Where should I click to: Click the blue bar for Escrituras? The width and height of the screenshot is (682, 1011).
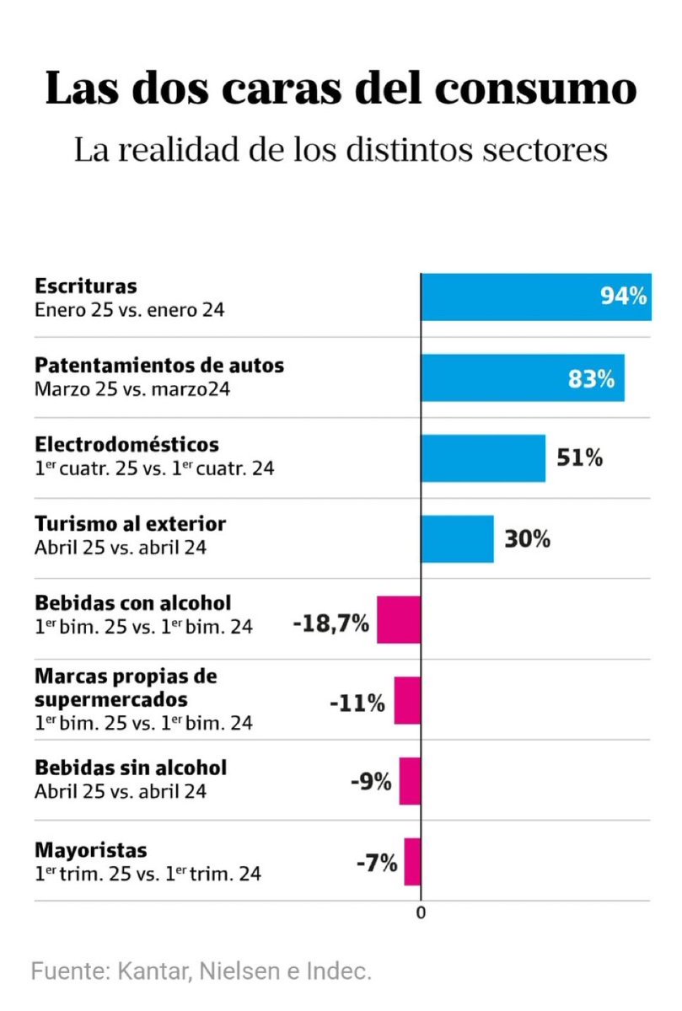pyautogui.click(x=506, y=297)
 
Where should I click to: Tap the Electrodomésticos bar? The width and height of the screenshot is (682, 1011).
pyautogui.click(x=483, y=457)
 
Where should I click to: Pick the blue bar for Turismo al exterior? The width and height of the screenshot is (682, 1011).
pyautogui.click(x=457, y=538)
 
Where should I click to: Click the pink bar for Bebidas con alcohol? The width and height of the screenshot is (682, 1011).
pyautogui.click(x=399, y=619)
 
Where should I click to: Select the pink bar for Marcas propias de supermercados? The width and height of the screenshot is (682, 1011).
pyautogui.click(x=407, y=700)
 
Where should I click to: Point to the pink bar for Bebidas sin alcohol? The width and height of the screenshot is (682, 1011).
pyautogui.click(x=410, y=781)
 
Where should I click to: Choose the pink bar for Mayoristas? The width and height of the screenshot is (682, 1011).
pyautogui.click(x=412, y=861)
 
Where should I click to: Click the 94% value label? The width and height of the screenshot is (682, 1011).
pyautogui.click(x=623, y=297)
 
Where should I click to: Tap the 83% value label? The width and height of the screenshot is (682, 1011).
pyautogui.click(x=591, y=379)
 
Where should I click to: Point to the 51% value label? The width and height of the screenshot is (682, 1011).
pyautogui.click(x=579, y=458)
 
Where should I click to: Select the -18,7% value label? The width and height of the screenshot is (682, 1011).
pyautogui.click(x=330, y=624)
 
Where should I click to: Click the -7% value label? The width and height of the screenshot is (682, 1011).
pyautogui.click(x=375, y=863)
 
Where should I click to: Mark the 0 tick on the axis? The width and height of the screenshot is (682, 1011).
pyautogui.click(x=421, y=913)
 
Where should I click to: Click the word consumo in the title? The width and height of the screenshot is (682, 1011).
pyautogui.click(x=537, y=89)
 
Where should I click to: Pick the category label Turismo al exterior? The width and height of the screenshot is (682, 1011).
pyautogui.click(x=130, y=524)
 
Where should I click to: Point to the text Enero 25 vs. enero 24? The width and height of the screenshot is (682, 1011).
pyautogui.click(x=129, y=309)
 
